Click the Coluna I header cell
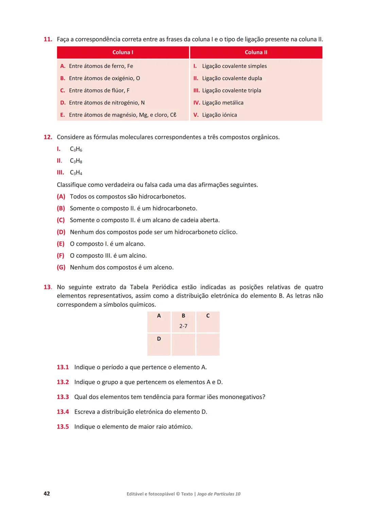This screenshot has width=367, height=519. pyautogui.click(x=123, y=52)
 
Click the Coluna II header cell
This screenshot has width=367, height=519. pyautogui.click(x=256, y=52)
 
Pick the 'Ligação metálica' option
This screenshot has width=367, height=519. pyautogui.click(x=223, y=103)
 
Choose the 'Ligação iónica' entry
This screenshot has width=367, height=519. pyautogui.click(x=219, y=115)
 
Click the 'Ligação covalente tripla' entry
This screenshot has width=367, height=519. pyautogui.click(x=231, y=90)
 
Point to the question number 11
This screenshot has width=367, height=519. pyautogui.click(x=48, y=39)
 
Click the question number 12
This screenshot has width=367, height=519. pyautogui.click(x=48, y=137)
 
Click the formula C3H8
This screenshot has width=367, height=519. pyautogui.click(x=76, y=161)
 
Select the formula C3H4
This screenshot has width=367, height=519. pyautogui.click(x=76, y=173)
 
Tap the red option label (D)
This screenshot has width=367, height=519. pyautogui.click(x=61, y=232)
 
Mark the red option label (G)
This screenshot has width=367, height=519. pyautogui.click(x=61, y=267)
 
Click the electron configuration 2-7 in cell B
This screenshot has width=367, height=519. pyautogui.click(x=183, y=326)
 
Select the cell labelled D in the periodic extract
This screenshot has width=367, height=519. pyautogui.click(x=159, y=344)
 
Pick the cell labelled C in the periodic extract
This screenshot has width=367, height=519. pyautogui.click(x=208, y=322)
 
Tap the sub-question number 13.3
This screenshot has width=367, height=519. pyautogui.click(x=63, y=397)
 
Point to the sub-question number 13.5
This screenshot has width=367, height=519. pyautogui.click(x=63, y=427)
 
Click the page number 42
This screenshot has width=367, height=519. pyautogui.click(x=47, y=494)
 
